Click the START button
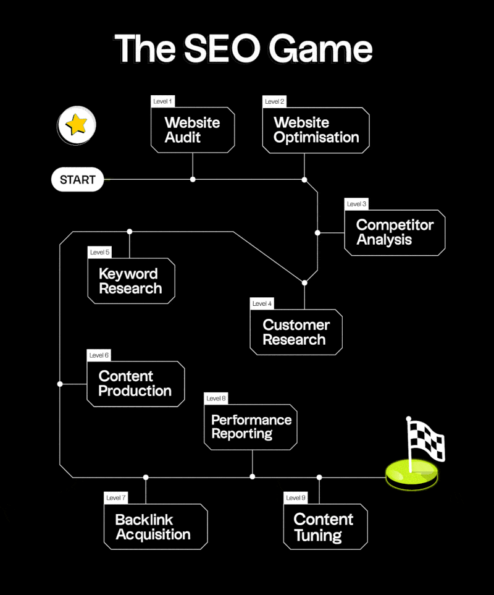[77, 180]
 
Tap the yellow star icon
[77, 125]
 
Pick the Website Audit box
[193, 130]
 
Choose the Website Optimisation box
[316, 130]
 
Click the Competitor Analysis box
[395, 232]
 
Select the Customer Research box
[296, 332]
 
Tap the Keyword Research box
[131, 281]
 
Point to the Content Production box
[135, 384]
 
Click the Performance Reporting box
[251, 426]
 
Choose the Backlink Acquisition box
[155, 526]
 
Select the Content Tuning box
[325, 526]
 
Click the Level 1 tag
[163, 101]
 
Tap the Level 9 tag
[296, 497]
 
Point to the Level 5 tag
[100, 252]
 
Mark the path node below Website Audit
[193, 179]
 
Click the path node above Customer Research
[304, 282]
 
